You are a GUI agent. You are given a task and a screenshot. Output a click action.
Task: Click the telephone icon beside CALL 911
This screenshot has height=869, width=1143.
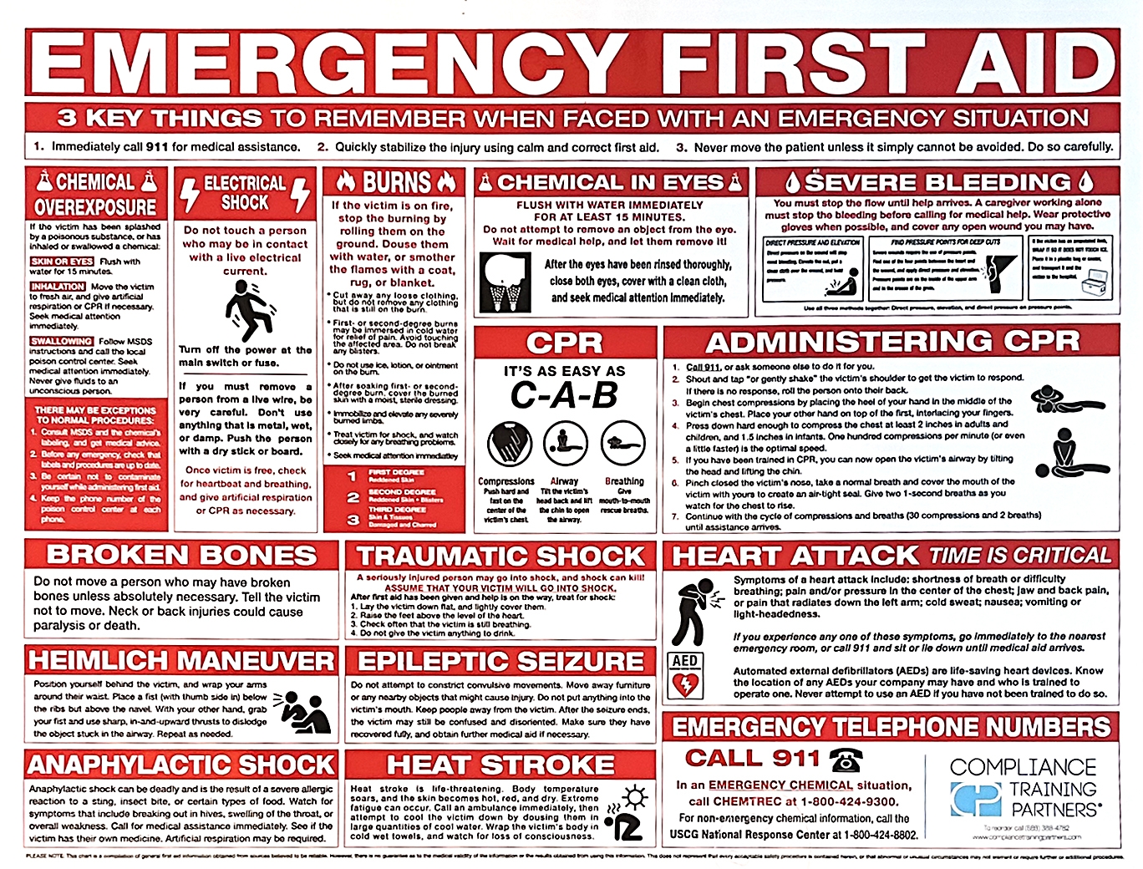point(845,760)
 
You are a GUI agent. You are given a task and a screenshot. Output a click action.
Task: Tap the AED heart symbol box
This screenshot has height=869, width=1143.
point(684,677)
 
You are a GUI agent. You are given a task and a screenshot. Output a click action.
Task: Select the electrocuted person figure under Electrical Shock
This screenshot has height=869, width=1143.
point(247,310)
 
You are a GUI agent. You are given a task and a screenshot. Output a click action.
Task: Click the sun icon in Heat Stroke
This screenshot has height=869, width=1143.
point(635,797)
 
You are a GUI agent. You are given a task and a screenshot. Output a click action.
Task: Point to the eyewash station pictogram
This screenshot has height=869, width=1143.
point(505,282)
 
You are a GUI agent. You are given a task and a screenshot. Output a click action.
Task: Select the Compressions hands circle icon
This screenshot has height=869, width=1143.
point(505,444)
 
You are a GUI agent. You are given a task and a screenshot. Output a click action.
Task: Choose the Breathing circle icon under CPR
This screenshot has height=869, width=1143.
point(622,444)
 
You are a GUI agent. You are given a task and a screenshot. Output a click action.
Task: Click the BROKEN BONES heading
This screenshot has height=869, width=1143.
point(181,555)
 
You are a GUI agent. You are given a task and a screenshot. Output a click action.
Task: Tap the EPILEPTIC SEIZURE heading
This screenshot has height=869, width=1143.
point(500,662)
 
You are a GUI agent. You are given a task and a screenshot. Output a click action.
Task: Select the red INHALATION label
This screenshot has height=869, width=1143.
point(58,287)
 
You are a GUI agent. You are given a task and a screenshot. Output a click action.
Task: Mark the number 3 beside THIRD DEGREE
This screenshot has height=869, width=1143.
point(353,519)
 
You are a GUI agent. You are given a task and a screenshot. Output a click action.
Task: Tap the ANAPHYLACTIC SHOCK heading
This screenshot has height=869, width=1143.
point(181,765)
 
